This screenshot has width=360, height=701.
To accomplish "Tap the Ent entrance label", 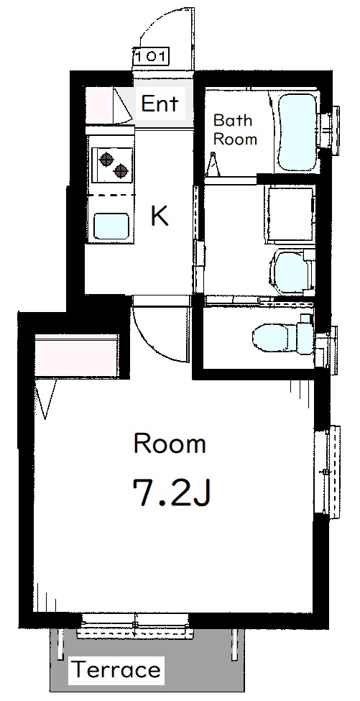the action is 160,104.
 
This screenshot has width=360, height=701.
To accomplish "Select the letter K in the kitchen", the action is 159,216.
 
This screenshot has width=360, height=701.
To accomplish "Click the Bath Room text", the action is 235,129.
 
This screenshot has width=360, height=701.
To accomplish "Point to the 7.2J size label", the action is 170,492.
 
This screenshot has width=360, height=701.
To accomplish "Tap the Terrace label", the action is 116,669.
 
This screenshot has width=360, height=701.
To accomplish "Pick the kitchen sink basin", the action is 111,226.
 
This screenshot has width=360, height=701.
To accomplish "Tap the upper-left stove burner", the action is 106,159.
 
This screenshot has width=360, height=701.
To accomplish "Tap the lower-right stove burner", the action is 121,170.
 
